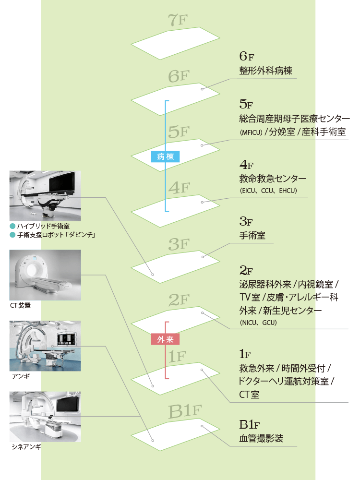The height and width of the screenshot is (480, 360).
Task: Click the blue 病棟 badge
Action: [x=166, y=156]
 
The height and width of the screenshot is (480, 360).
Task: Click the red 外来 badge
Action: [x=165, y=339]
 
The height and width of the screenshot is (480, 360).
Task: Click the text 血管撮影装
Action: [x=261, y=438]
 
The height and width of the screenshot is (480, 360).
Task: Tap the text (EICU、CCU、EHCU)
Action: [x=268, y=191]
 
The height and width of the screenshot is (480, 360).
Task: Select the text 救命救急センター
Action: [x=272, y=179]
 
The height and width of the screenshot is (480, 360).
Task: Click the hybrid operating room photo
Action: [x=45, y=196]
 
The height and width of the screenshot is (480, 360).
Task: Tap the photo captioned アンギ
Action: [x=45, y=346]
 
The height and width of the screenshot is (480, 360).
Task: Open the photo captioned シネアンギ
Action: [x=45, y=416]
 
